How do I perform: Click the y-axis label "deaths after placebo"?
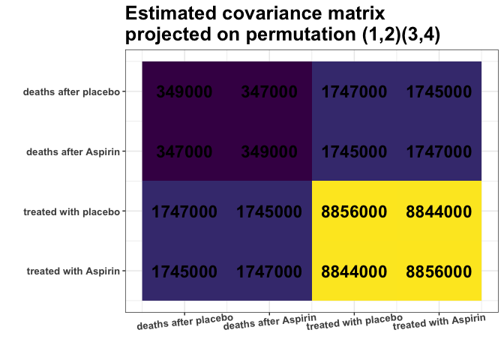(x=71, y=92)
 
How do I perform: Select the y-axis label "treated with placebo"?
(x=71, y=212)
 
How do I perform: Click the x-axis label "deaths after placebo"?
(x=184, y=322)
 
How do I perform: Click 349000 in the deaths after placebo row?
(x=184, y=92)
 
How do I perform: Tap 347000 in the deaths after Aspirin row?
(x=184, y=152)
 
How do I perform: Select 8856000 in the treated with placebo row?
(x=354, y=212)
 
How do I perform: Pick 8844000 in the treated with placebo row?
(x=439, y=212)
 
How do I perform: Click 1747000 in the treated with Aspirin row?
(x=269, y=271)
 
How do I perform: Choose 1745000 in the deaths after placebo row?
(x=439, y=92)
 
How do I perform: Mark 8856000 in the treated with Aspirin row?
(x=439, y=271)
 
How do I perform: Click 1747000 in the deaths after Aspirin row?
(x=439, y=152)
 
